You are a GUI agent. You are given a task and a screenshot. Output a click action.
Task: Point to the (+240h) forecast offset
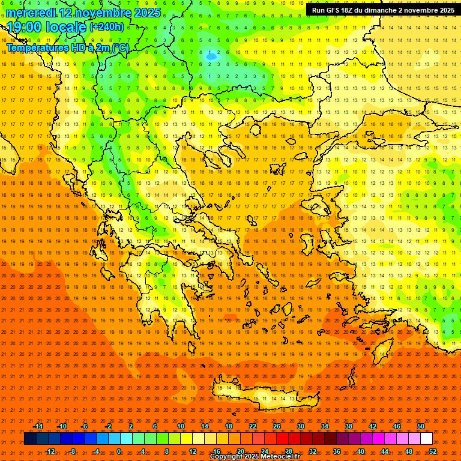coord(107,27)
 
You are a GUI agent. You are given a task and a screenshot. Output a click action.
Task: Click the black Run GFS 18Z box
coord(383,10)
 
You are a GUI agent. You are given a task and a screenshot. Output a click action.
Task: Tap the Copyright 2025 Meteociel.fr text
coord(255,457)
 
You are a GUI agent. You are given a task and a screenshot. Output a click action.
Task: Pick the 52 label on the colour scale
coord(433,451)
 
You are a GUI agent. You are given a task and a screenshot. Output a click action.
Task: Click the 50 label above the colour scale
coord(421,426)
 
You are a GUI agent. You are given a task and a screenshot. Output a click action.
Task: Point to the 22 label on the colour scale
coord(253,426)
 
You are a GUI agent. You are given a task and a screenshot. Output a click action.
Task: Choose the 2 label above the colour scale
coord(131,426)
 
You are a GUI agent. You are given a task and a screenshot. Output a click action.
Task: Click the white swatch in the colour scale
coord(426,439)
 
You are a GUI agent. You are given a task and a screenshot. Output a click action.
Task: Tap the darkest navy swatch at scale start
coord(31,439)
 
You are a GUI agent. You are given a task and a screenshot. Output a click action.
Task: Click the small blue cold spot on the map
coord(211,56)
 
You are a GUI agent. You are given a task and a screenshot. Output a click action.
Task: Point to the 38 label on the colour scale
coord(349,426)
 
